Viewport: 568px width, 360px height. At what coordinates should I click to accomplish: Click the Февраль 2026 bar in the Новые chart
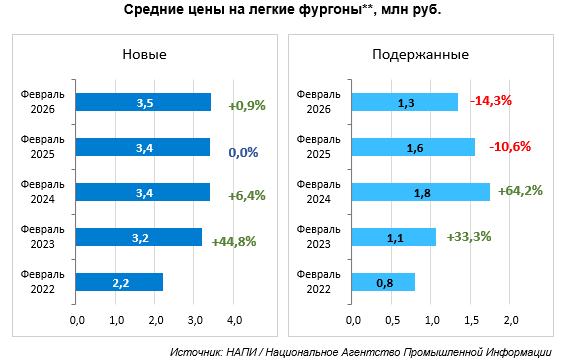pos(143,102)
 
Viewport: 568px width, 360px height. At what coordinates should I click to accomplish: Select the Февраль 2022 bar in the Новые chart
pos(119,282)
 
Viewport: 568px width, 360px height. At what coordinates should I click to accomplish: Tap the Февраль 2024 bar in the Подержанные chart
pos(421,192)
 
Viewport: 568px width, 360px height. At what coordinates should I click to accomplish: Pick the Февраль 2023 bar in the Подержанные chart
pos(394,237)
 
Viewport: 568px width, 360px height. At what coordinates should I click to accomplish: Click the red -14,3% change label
pos(491,100)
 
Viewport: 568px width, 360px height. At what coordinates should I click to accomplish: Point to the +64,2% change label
pos(520,191)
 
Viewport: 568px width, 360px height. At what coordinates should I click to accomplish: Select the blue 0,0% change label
pos(243,152)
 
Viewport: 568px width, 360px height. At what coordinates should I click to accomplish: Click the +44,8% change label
pos(234,241)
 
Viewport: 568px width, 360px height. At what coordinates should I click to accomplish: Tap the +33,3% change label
pos(469,236)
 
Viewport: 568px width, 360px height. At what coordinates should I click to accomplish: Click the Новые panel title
pos(145,54)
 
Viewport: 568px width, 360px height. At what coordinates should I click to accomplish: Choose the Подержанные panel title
pos(421,54)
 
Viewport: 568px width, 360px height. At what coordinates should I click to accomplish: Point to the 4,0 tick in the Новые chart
pos(234,320)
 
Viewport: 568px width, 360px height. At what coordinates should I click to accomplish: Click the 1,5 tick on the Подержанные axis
pos(471,320)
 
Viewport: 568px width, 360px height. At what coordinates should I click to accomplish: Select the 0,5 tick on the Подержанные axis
pos(392,320)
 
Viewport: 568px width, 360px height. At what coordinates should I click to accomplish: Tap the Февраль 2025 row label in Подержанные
pos(318,147)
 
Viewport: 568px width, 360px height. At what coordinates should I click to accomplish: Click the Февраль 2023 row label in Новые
pos(42,236)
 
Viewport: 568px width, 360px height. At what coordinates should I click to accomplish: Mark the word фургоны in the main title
pos(331,10)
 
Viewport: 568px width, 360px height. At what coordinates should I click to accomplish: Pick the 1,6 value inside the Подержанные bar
pos(415,148)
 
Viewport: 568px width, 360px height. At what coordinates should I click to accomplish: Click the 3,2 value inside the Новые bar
pos(140,238)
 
